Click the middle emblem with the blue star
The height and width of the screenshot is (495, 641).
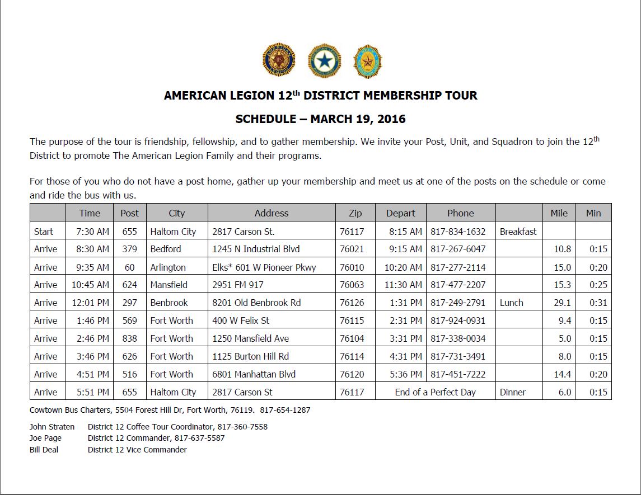click(x=325, y=61)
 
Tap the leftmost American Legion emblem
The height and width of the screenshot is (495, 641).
click(x=278, y=61)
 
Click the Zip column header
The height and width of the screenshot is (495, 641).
click(x=355, y=213)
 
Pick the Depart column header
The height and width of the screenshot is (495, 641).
click(x=400, y=213)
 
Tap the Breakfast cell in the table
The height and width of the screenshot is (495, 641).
click(x=518, y=232)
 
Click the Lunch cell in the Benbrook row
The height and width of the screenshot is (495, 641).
click(x=511, y=303)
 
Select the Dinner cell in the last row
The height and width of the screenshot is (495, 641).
click(x=512, y=392)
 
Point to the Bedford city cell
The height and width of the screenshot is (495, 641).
click(x=166, y=249)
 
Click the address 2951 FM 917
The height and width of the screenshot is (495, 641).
click(x=238, y=285)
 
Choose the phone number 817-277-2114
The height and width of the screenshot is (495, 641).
click(x=458, y=267)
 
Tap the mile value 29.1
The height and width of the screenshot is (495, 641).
click(x=562, y=303)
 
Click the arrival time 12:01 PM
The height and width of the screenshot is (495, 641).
click(x=90, y=303)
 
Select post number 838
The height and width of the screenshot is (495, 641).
click(x=129, y=338)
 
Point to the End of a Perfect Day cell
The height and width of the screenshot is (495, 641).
click(x=435, y=392)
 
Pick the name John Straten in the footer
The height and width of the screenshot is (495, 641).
click(x=52, y=427)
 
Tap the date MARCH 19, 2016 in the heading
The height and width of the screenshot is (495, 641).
click(x=358, y=119)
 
